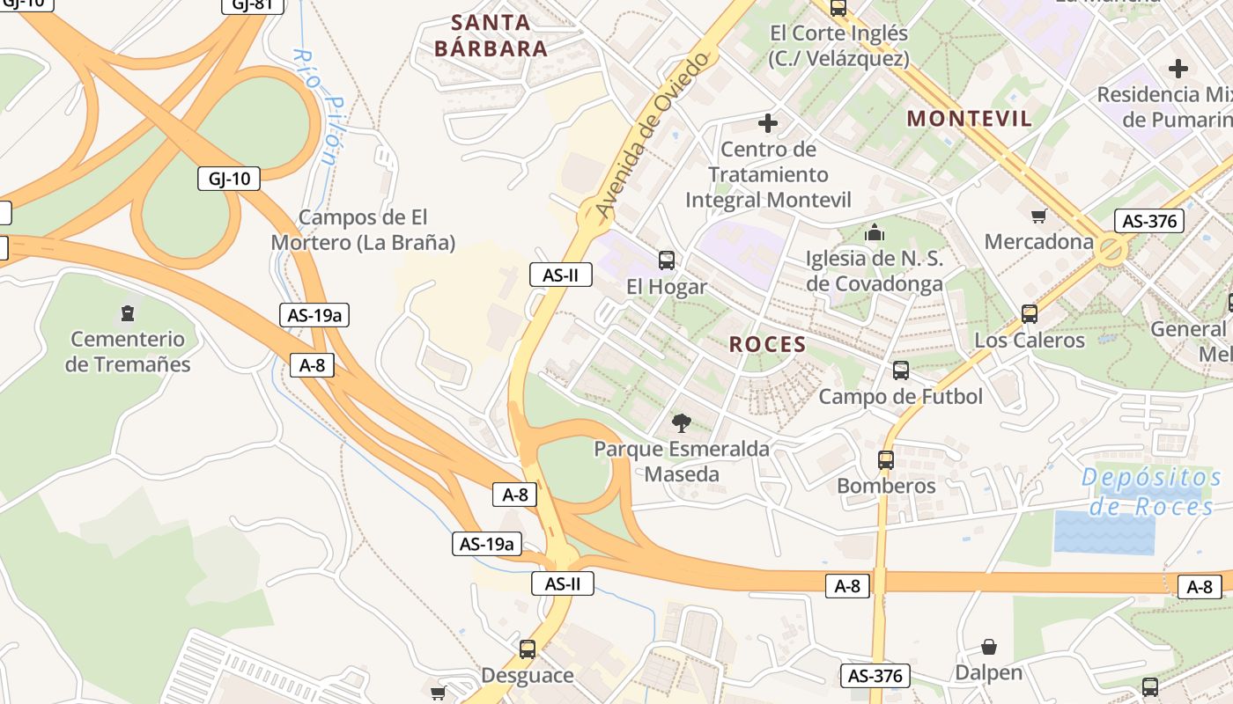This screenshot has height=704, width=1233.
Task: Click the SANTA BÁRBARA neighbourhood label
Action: coord(491,35)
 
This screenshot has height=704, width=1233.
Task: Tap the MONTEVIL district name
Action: coord(969,119)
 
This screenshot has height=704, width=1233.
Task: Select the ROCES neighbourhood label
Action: coord(767,344)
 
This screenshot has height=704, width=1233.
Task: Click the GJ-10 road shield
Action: coord(229,179)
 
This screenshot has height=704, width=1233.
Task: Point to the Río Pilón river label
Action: coord(315,106)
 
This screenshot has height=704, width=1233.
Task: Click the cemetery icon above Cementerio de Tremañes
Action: coord(128,313)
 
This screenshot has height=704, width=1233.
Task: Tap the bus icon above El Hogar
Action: coord(667,260)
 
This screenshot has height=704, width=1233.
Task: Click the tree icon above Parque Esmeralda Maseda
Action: coord(681,423)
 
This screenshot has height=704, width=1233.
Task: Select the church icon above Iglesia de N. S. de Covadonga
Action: coord(875,233)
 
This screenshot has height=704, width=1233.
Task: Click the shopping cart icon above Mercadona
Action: coord(1038,216)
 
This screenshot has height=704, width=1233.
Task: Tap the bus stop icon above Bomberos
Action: coord(886,459)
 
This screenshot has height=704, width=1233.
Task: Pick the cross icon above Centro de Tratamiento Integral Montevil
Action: coord(768,123)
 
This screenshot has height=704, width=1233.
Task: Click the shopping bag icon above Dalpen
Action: coord(989,648)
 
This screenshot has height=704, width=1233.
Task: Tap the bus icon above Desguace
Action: coord(527,649)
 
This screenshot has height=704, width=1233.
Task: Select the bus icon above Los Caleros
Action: coord(1029,314)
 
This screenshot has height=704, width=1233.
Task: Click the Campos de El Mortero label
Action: coord(363,230)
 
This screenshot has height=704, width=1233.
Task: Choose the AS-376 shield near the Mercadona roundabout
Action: coord(1148,221)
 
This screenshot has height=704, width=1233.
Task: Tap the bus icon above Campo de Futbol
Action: coord(900,370)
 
